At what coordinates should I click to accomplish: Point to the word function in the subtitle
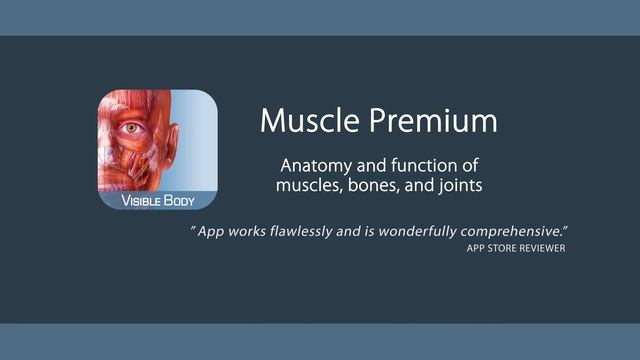pyautogui.click(x=424, y=165)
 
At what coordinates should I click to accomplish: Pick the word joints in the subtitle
pyautogui.click(x=454, y=186)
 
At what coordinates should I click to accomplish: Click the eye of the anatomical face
pyautogui.click(x=130, y=127)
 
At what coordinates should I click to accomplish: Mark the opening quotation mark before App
pyautogui.click(x=193, y=230)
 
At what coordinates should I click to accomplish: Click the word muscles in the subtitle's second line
pyautogui.click(x=311, y=186)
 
